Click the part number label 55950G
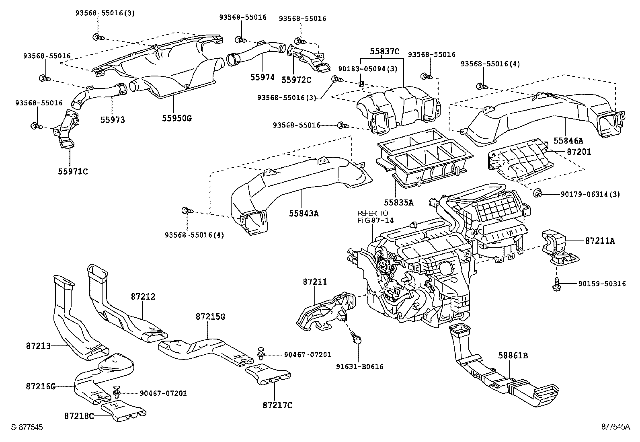click(x=177, y=118)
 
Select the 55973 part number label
click(x=113, y=119)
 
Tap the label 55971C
click(x=73, y=171)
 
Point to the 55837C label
click(x=385, y=51)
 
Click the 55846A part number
click(x=568, y=140)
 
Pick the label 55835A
click(x=398, y=202)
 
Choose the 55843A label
click(x=304, y=213)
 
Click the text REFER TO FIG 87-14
click(x=375, y=217)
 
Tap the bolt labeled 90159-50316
click(x=556, y=284)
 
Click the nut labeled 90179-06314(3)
click(x=537, y=193)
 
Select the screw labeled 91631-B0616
click(x=356, y=337)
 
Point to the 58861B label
click(x=513, y=356)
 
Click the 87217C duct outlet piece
click(x=268, y=374)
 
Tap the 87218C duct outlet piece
click(x=124, y=411)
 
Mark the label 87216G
click(x=41, y=386)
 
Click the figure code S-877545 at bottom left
click(x=27, y=427)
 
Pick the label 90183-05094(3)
click(x=368, y=69)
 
